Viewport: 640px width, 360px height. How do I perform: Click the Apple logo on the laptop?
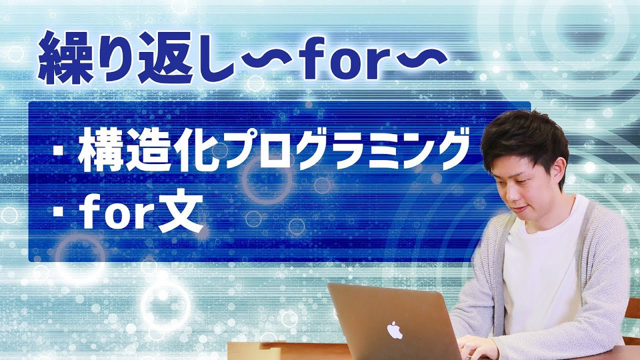(x=394, y=330)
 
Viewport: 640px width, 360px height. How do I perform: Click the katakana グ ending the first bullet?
(x=445, y=149)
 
